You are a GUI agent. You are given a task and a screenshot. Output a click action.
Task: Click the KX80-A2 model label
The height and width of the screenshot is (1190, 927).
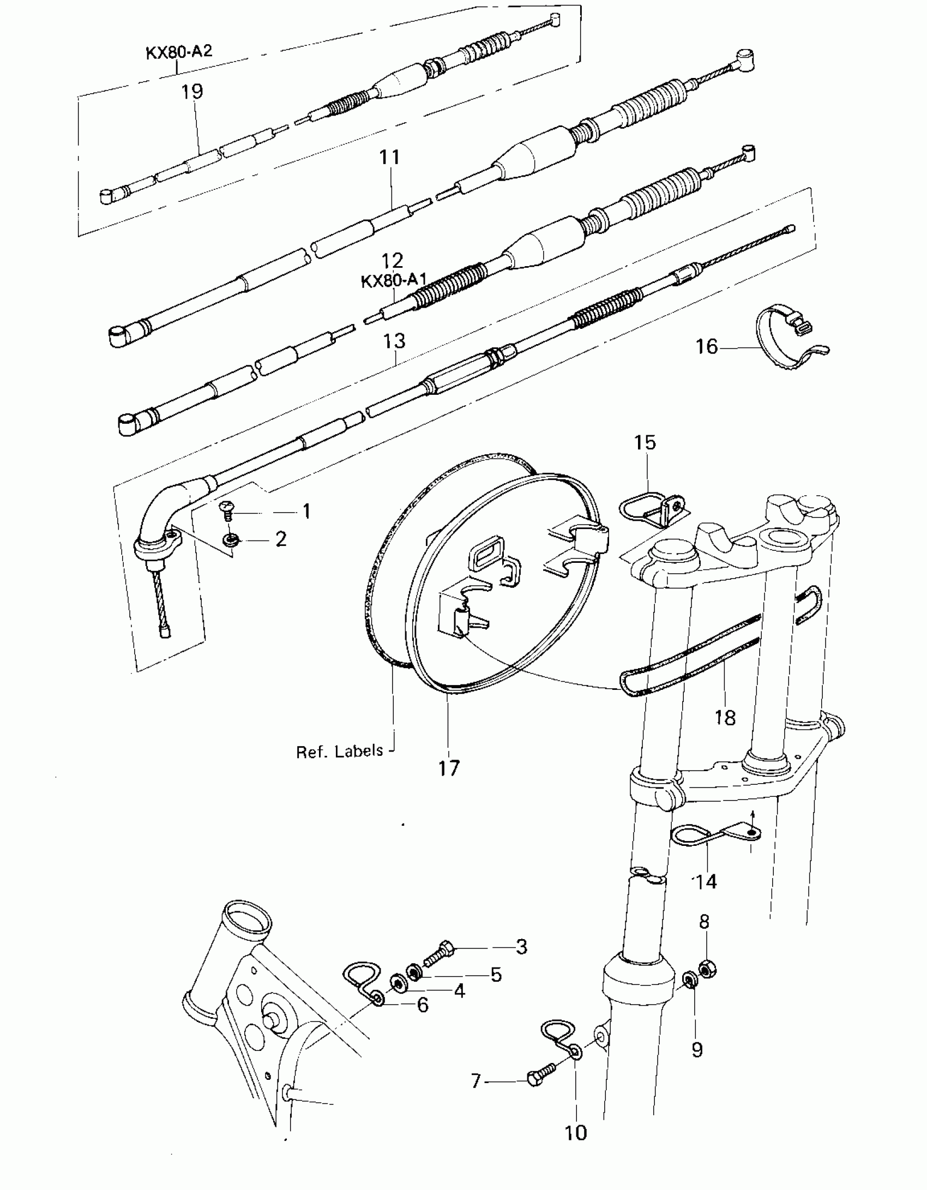click(x=178, y=52)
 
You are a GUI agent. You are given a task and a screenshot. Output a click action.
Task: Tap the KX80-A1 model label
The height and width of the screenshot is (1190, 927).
click(x=393, y=281)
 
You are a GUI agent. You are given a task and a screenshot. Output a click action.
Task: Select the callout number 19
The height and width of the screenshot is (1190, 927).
click(x=192, y=91)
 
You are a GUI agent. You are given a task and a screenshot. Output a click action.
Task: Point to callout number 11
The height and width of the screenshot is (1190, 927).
click(x=390, y=157)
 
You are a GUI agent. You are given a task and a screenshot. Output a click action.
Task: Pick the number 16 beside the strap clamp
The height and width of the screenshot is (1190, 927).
click(x=707, y=346)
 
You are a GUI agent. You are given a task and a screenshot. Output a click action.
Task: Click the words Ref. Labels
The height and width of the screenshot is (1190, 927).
click(x=339, y=752)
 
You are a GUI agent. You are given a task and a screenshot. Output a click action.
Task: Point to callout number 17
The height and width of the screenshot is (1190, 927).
click(x=449, y=768)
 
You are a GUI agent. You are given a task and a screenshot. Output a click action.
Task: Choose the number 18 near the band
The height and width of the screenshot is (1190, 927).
click(x=725, y=718)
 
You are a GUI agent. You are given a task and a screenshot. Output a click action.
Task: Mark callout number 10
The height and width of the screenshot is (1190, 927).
click(x=576, y=1133)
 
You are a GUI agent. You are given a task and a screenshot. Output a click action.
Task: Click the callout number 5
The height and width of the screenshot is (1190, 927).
click(x=496, y=975)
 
